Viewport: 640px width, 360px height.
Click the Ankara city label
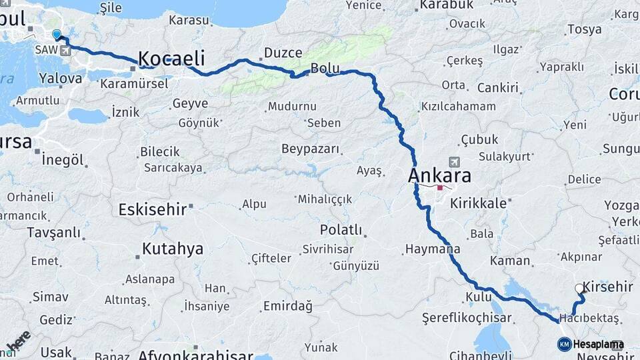(439, 176)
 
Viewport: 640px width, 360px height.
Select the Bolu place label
(325, 68)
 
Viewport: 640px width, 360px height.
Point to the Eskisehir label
(152, 209)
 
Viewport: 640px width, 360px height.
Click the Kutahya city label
(172, 249)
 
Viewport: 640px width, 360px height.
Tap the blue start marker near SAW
(57, 34)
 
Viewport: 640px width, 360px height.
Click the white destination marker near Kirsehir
(579, 289)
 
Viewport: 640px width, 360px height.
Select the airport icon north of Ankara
(455, 161)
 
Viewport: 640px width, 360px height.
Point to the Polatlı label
(341, 230)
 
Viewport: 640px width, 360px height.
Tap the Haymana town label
(432, 249)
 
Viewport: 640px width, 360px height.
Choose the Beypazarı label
(311, 149)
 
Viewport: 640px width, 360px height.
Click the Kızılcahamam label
(458, 107)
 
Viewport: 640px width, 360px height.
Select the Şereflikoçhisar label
(467, 318)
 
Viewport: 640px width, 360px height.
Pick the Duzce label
(283, 53)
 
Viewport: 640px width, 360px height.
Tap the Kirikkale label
(478, 203)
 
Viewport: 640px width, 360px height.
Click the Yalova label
(61, 78)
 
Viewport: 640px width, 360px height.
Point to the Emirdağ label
(287, 306)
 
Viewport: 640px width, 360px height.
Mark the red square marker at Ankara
(440, 187)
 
